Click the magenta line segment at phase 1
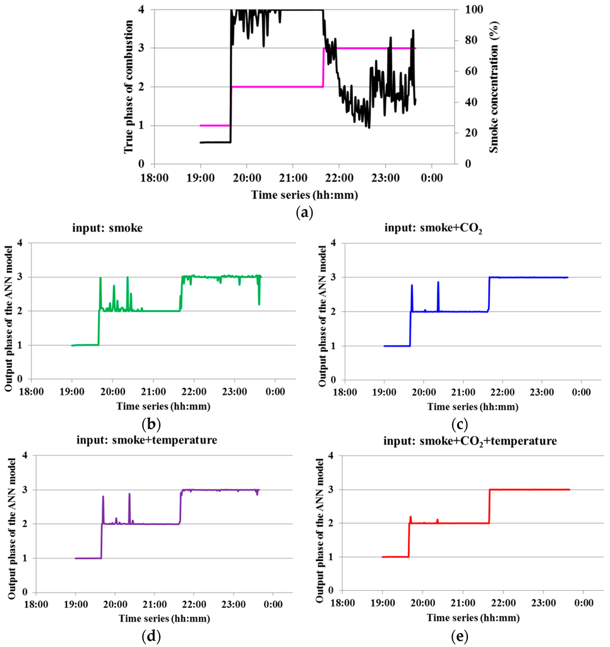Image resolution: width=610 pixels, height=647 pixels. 215,125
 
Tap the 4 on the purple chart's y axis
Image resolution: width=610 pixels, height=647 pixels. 23,456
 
